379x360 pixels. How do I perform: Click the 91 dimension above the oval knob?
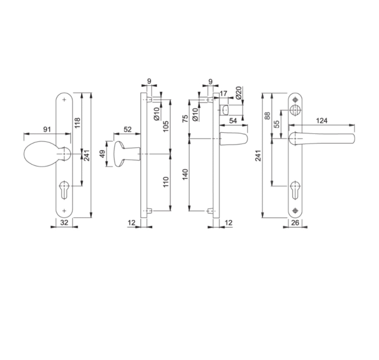click(47, 129)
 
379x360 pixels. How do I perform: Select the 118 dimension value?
click(77, 123)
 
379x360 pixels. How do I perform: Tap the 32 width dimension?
click(64, 222)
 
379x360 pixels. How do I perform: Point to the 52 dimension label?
click(128, 129)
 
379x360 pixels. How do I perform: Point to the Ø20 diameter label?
click(238, 93)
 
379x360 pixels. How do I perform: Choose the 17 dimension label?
click(224, 93)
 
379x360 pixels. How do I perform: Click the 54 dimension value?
click(233, 121)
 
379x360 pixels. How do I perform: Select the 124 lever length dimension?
click(321, 121)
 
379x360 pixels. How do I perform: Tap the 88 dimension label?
click(268, 116)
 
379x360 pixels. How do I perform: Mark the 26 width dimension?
click(295, 223)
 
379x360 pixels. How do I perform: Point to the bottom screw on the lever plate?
click(295, 210)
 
